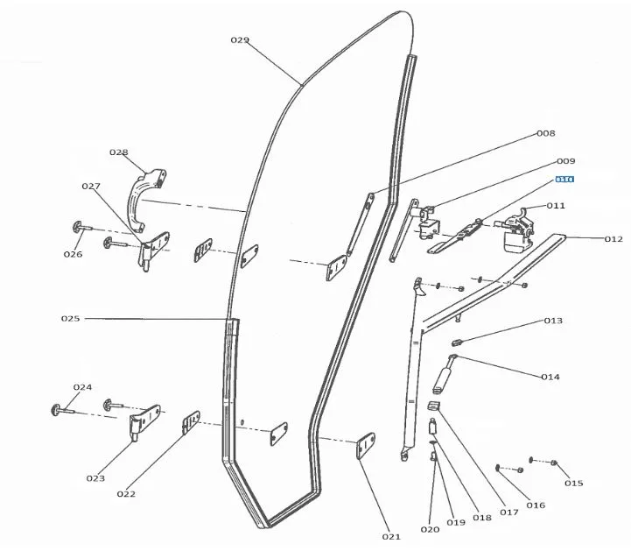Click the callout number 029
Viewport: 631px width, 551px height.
tap(240, 40)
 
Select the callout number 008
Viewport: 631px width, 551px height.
tap(545, 134)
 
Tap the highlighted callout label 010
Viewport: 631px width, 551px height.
tap(564, 180)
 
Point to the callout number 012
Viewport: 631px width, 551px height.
tap(613, 239)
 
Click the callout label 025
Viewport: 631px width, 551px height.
tap(70, 319)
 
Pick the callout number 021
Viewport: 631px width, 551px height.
tap(390, 536)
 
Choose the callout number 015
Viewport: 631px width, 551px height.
tap(573, 483)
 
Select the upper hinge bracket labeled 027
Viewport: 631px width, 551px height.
tap(153, 250)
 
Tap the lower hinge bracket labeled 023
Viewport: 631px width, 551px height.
tap(145, 424)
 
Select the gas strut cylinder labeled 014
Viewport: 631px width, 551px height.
tap(443, 378)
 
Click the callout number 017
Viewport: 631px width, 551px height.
tap(509, 512)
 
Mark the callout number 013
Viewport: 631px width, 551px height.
tap(553, 321)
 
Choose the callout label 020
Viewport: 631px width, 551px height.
tap(430, 529)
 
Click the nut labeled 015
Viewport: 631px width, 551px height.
tap(555, 463)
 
